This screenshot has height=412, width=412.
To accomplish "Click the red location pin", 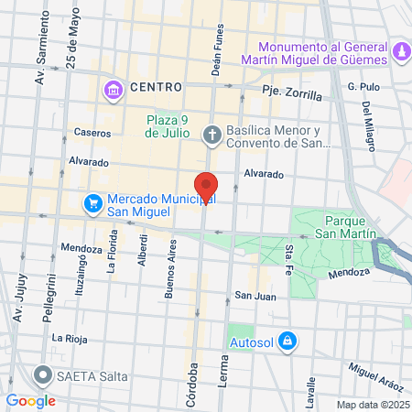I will (x=206, y=186).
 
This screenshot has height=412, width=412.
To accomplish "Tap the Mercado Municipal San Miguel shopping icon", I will (x=92, y=203).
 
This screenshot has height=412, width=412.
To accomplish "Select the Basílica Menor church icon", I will (x=211, y=136).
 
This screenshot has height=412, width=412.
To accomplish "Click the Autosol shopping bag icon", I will (x=288, y=340).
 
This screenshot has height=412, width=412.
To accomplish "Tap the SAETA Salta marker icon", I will (x=42, y=374).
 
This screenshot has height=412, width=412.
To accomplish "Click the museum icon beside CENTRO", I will (x=114, y=89).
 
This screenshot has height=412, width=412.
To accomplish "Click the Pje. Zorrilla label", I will (x=291, y=93).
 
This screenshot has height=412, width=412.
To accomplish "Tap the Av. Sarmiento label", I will (x=40, y=62).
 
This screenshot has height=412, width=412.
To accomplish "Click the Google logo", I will (x=30, y=400).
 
